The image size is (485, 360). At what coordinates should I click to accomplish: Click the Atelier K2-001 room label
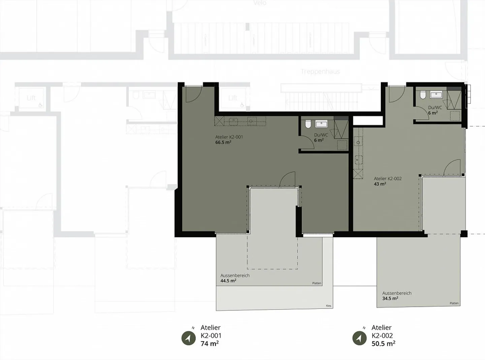click(229, 137)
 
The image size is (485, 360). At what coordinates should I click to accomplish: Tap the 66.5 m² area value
click(223, 142)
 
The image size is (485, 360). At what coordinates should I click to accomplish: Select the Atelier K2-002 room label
click(388, 179)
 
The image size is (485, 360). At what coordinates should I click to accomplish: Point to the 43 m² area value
click(380, 184)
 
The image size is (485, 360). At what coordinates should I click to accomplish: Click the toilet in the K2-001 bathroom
click(308, 125)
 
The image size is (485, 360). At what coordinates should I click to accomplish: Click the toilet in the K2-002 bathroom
click(422, 95)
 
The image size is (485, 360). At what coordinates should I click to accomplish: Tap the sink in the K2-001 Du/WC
click(321, 124)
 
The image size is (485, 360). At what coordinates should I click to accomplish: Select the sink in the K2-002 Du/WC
click(436, 95)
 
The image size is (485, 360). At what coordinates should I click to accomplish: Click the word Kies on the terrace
click(328, 306)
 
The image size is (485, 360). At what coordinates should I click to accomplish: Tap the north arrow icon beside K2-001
click(189, 338)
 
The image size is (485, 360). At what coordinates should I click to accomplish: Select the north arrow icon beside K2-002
click(359, 338)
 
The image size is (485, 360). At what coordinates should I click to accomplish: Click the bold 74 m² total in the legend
click(209, 344)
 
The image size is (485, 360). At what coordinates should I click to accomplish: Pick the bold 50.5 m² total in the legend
click(383, 344)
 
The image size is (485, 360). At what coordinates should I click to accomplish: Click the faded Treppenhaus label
click(320, 71)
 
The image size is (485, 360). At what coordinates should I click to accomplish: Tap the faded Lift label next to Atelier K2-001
click(233, 98)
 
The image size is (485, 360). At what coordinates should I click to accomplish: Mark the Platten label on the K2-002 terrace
click(454, 303)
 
